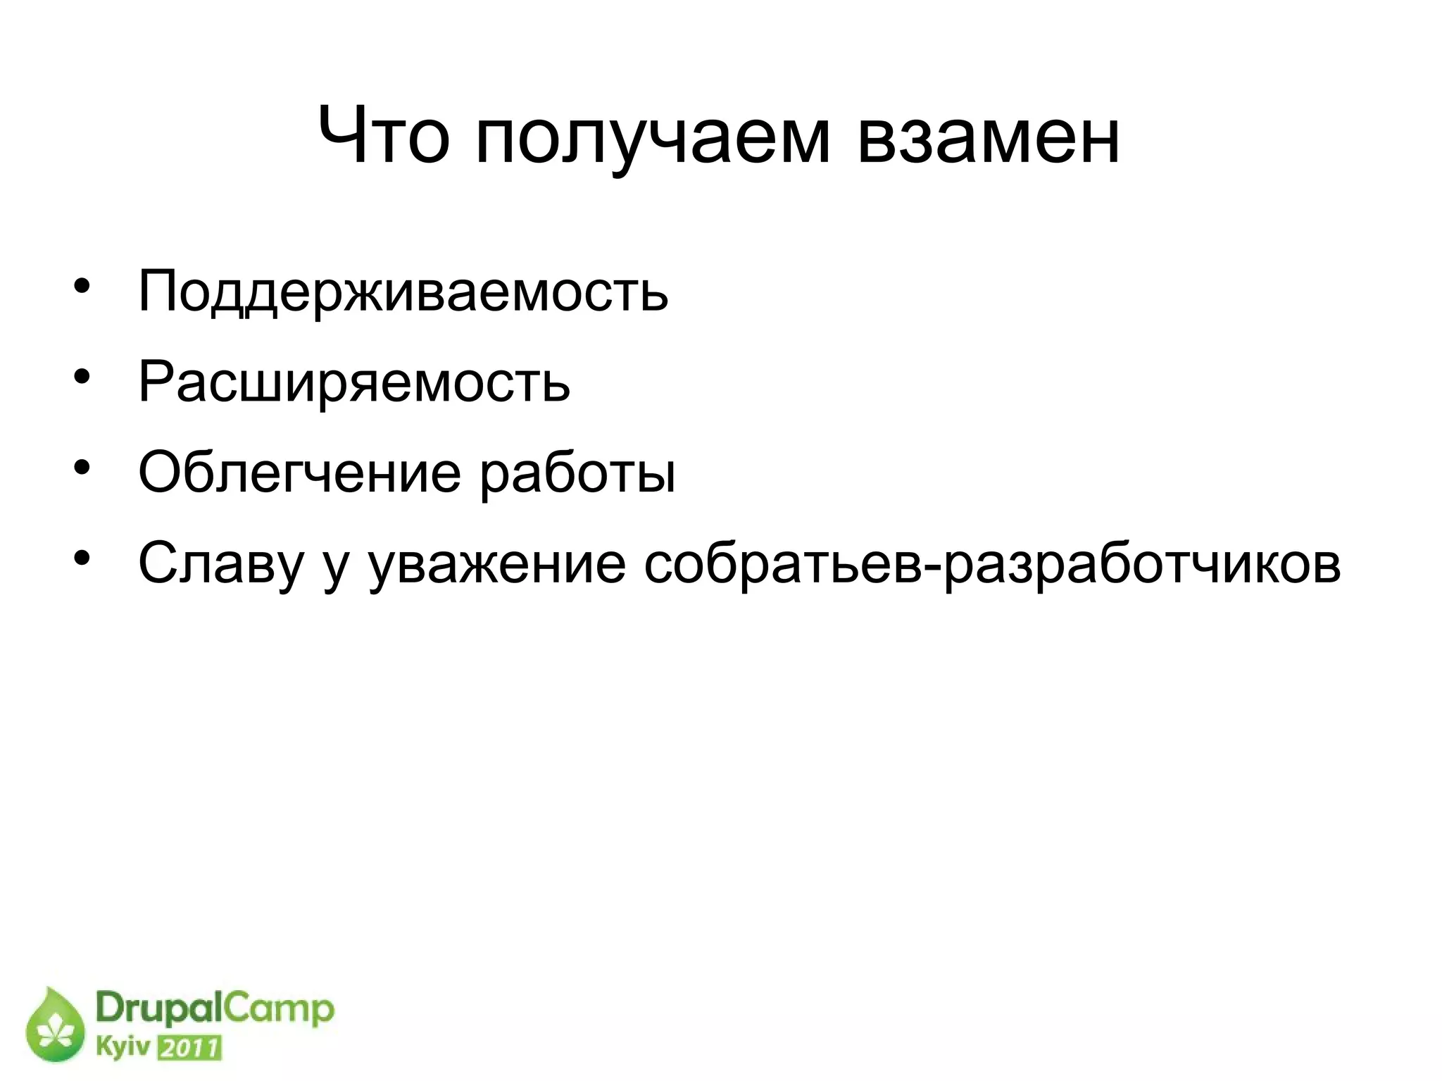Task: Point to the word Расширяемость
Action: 353,383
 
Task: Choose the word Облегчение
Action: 299,473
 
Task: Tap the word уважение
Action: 497,566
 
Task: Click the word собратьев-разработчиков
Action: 992,564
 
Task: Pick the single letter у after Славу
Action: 336,568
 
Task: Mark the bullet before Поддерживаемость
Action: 82,286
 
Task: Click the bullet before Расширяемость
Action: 82,376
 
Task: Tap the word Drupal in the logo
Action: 158,1009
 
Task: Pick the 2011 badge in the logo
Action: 189,1048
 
